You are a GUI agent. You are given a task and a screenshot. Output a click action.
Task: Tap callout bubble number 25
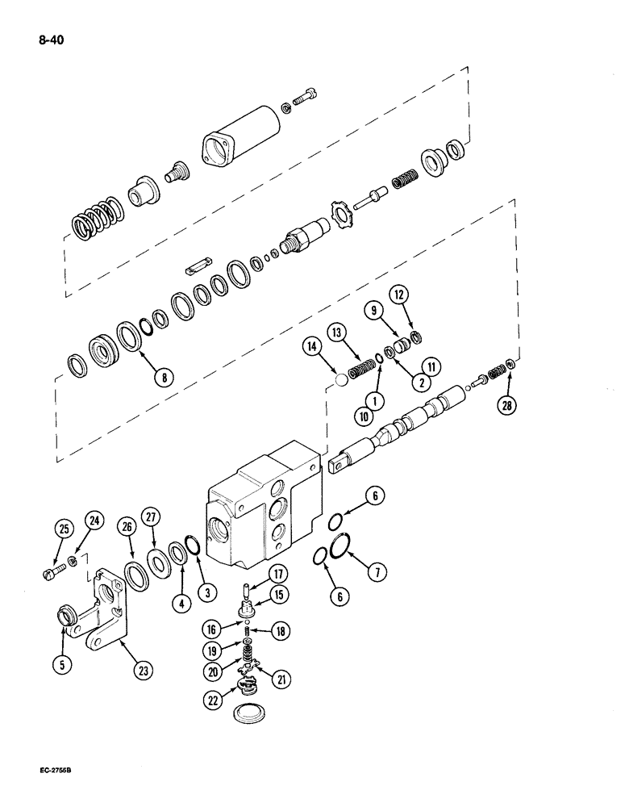click(63, 530)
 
